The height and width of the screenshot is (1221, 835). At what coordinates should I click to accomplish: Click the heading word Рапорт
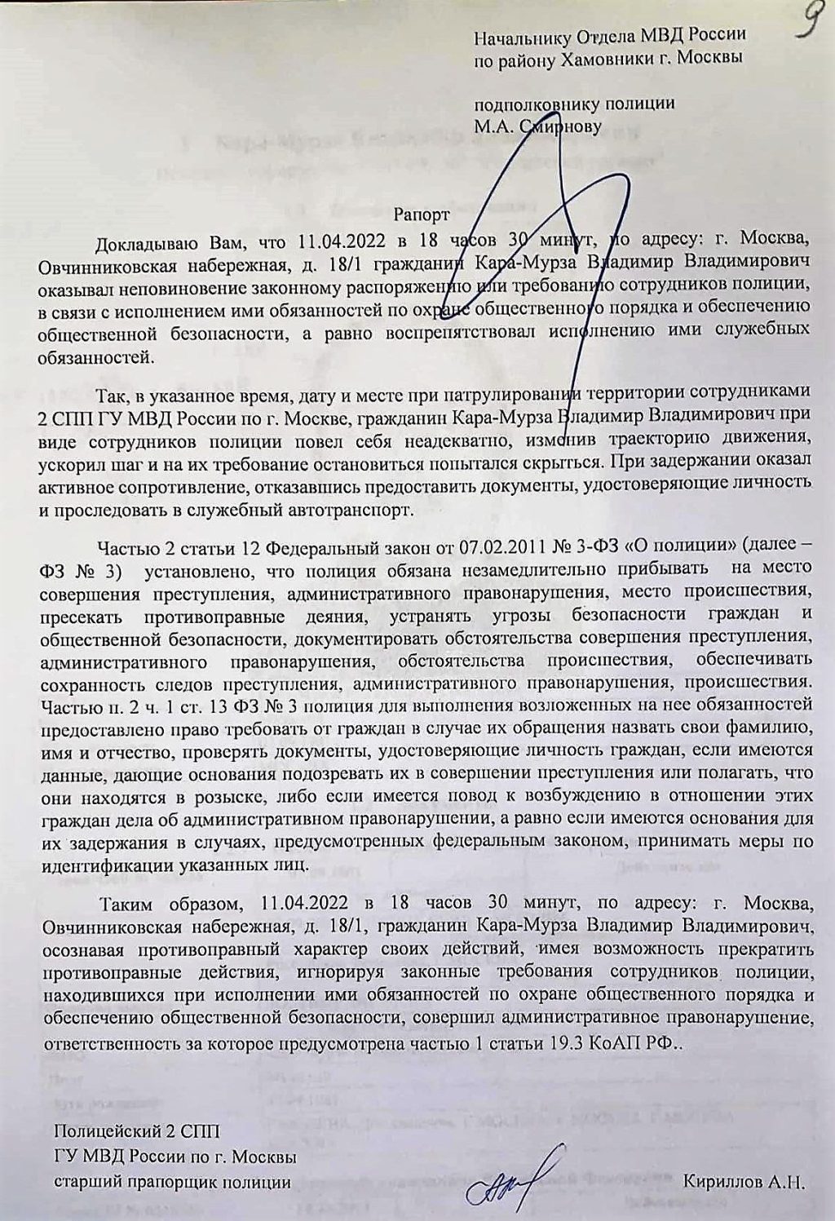(421, 216)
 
